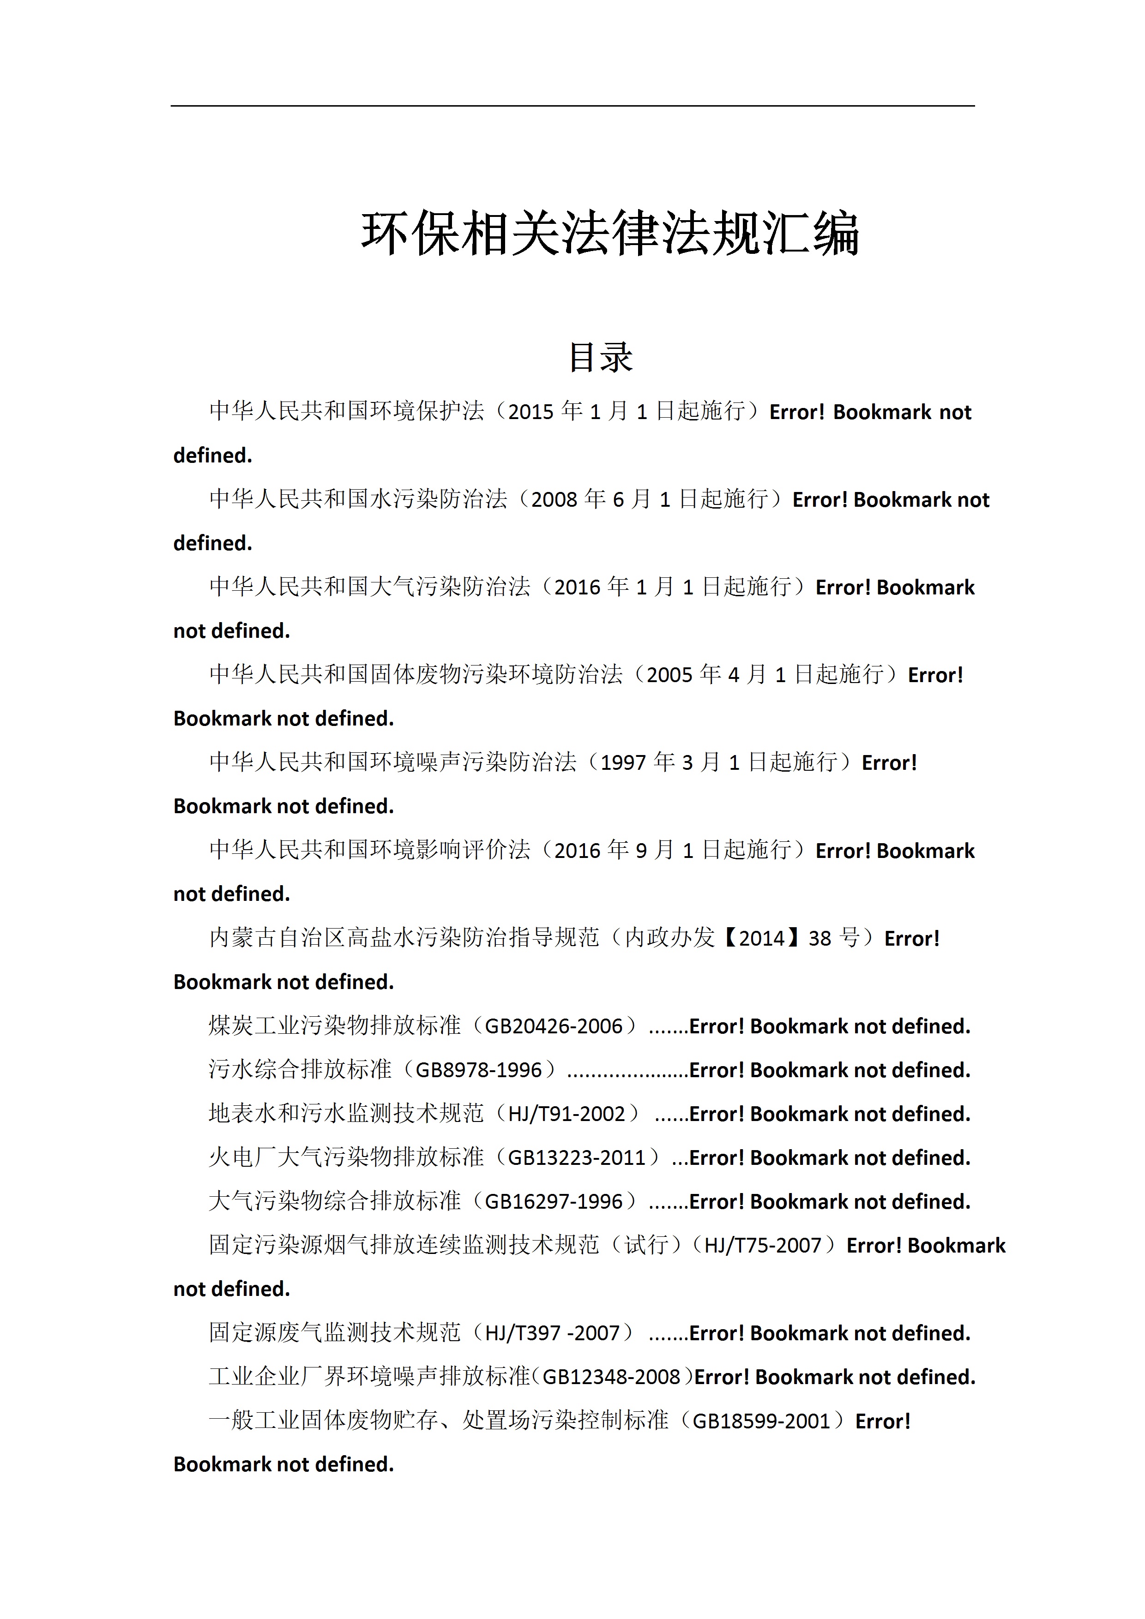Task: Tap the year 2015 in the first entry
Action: (x=530, y=412)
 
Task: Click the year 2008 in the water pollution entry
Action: (x=554, y=500)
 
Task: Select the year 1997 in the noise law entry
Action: (x=623, y=763)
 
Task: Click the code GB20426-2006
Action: (x=554, y=1026)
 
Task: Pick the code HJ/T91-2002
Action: (x=566, y=1114)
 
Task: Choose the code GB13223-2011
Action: (x=576, y=1158)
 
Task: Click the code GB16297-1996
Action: (x=554, y=1201)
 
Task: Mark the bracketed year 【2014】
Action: (x=761, y=939)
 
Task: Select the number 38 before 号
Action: (x=820, y=939)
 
